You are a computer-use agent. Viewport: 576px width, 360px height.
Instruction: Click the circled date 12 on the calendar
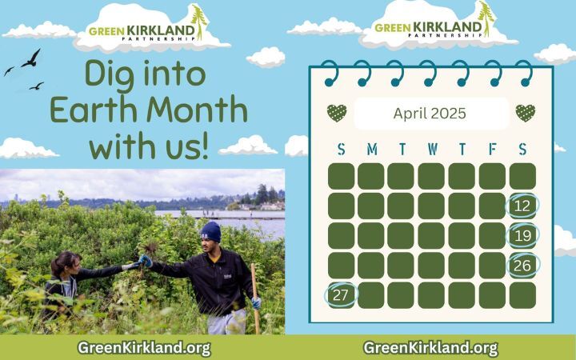(x=522, y=206)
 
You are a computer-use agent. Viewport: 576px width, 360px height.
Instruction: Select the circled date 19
(x=522, y=235)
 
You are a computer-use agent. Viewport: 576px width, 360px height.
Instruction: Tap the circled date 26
(x=522, y=265)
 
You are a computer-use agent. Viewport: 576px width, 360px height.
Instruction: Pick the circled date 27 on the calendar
(x=342, y=294)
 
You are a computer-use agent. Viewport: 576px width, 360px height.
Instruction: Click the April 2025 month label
(x=431, y=114)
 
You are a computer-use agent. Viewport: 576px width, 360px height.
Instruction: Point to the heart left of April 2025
(x=337, y=114)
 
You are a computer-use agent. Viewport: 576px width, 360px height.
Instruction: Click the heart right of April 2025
(x=526, y=114)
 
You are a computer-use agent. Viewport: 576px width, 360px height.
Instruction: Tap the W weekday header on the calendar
(x=432, y=150)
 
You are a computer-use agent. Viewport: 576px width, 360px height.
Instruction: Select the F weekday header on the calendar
(x=492, y=150)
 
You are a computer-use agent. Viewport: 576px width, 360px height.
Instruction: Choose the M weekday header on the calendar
(x=371, y=150)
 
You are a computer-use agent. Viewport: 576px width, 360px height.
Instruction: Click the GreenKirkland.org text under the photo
(x=144, y=347)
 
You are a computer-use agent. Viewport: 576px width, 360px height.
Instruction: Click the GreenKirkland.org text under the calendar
(x=430, y=347)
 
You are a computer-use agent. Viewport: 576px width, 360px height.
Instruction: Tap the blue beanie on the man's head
(x=210, y=231)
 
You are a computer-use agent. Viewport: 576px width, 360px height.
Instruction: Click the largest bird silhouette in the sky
(x=31, y=58)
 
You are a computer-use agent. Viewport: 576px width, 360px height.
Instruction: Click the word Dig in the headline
(x=114, y=74)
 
